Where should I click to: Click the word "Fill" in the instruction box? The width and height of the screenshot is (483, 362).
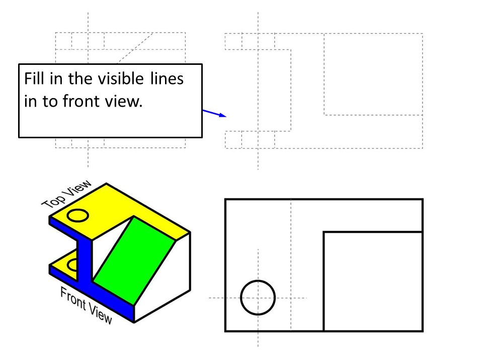pyautogui.click(x=33, y=79)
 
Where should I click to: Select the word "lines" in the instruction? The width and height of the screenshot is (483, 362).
pyautogui.click(x=166, y=79)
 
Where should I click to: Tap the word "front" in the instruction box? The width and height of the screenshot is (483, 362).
pyautogui.click(x=81, y=101)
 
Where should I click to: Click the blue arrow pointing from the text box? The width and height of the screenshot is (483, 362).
pyautogui.click(x=214, y=113)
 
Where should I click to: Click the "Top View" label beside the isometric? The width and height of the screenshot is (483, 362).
pyautogui.click(x=66, y=194)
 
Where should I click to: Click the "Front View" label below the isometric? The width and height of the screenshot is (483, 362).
pyautogui.click(x=86, y=305)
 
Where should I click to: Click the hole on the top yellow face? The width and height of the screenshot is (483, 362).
pyautogui.click(x=78, y=216)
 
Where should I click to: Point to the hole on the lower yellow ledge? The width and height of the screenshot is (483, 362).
pyautogui.click(x=72, y=264)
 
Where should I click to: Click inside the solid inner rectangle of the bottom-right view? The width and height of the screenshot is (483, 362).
pyautogui.click(x=372, y=282)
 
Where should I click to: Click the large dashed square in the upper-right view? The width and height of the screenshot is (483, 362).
pyautogui.click(x=373, y=74)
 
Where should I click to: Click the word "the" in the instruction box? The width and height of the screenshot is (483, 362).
pyautogui.click(x=80, y=79)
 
